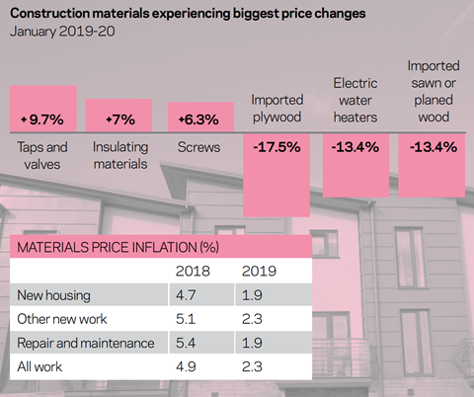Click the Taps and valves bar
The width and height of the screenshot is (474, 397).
(x=43, y=109)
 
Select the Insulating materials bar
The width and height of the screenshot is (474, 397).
(x=118, y=116)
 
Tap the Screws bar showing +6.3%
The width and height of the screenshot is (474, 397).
(x=200, y=118)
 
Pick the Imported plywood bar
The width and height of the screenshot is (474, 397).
(x=276, y=175)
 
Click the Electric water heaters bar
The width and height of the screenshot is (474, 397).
(x=355, y=165)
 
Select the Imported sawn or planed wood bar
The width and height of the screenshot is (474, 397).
(x=432, y=165)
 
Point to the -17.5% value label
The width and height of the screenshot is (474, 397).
(x=276, y=147)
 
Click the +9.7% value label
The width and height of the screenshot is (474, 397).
(x=42, y=119)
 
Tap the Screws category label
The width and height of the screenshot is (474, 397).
(x=198, y=147)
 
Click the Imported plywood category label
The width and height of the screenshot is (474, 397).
(x=276, y=109)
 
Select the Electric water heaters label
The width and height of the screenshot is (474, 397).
(x=355, y=100)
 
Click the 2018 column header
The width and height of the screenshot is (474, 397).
(x=193, y=272)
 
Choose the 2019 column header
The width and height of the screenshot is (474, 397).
(x=259, y=272)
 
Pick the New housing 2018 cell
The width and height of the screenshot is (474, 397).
(x=186, y=295)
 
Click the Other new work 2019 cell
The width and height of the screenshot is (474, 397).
(x=252, y=319)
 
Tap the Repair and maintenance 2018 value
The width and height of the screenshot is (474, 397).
(x=186, y=343)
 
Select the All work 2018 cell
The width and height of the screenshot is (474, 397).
(x=186, y=366)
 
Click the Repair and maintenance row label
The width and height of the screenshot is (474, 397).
(x=86, y=343)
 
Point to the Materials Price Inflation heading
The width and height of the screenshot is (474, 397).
(x=118, y=247)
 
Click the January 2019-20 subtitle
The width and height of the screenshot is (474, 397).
(x=62, y=32)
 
